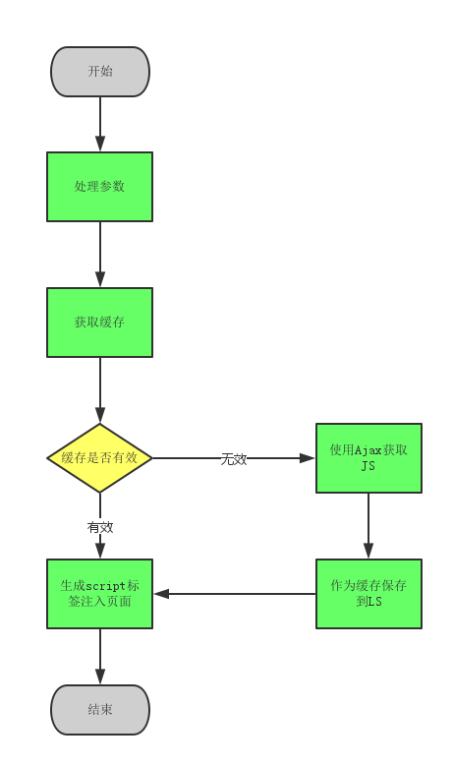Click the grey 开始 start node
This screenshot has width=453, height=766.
100,72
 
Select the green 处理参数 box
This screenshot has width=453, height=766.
99,187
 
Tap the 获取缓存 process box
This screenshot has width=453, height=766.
99,323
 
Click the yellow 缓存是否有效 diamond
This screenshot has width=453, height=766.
99,458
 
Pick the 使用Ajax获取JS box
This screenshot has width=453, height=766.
368,458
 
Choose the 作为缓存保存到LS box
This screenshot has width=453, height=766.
368,594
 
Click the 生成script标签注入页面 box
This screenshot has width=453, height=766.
99,594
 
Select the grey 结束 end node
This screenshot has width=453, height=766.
100,710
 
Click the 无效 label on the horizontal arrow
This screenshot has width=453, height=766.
234,459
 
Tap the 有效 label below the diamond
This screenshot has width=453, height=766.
100,527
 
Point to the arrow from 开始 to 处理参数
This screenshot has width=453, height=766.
100,124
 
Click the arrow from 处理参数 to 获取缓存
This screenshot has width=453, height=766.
100,255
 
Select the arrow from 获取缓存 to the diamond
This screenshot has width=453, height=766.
100,389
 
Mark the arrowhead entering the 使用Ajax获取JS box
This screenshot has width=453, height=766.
307,458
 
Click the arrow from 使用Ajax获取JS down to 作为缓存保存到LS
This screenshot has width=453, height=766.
368,526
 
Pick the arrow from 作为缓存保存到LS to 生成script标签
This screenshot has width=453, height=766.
235,594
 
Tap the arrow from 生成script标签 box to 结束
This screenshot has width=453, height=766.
100,657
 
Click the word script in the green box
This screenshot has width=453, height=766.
106,586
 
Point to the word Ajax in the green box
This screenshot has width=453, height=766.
368,450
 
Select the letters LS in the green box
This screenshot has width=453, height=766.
375,602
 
